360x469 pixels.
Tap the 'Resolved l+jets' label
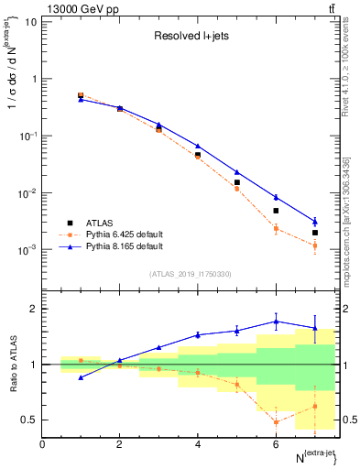coord(191,38)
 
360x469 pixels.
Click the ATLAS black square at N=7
coord(315,233)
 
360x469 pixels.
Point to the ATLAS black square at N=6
coord(276,211)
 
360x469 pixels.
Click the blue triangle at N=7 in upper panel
coord(315,221)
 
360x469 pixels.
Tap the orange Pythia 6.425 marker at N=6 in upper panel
coord(276,229)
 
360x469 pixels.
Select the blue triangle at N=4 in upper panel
coord(198,147)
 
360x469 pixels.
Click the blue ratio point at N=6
coord(276,322)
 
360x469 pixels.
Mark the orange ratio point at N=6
coord(276,421)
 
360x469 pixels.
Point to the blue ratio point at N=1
coord(81,377)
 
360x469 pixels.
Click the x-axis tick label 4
coord(198,443)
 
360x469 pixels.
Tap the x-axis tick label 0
coord(43,443)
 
